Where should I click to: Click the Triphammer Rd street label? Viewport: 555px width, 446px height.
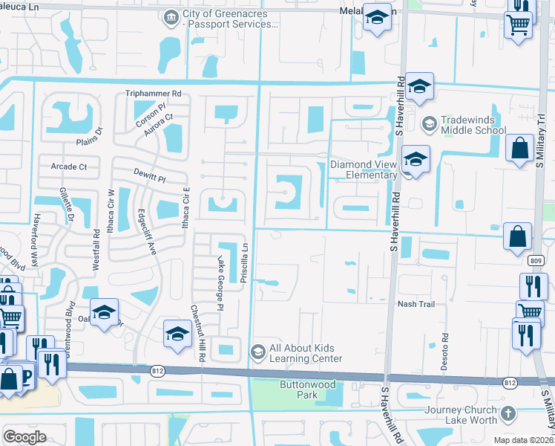(x=154, y=94)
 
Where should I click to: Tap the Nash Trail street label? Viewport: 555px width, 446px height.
(x=416, y=304)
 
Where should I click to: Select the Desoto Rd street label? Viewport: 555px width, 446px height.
(x=445, y=347)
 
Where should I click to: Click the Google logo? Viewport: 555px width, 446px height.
(x=24, y=437)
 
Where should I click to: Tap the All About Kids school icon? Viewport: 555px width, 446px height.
(x=257, y=351)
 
